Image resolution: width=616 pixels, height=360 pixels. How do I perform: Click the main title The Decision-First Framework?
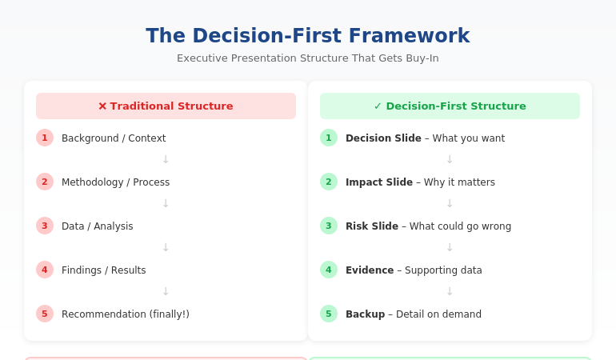tap(307, 36)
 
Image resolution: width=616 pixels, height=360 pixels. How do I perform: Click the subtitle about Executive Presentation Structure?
tap(307, 58)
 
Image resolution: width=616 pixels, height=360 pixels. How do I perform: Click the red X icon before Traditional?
tap(102, 106)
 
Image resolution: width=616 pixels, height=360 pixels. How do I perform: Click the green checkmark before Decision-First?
tap(378, 106)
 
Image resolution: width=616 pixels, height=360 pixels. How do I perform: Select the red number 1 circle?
tap(45, 138)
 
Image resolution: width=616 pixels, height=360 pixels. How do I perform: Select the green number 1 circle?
tap(329, 138)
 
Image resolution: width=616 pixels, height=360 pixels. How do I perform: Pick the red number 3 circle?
tap(45, 226)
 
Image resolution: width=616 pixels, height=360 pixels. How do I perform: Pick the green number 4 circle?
tap(329, 270)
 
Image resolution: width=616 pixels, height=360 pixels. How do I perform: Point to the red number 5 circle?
tap(45, 314)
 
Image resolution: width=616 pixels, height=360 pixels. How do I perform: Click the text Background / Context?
tap(114, 138)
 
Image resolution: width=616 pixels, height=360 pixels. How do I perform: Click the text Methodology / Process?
tap(115, 182)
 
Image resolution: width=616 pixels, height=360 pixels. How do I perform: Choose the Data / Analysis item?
tap(98, 226)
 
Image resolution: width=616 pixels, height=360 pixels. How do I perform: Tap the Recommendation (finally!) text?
tap(126, 314)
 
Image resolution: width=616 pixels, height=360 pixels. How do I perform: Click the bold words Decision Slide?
tap(383, 138)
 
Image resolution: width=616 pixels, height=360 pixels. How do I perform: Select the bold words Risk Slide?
tap(372, 226)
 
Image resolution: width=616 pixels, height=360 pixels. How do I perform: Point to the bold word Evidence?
tap(370, 270)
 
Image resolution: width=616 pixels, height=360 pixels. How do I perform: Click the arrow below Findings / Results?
tap(166, 292)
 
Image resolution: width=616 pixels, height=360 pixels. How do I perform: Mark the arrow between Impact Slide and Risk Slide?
tap(450, 204)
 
